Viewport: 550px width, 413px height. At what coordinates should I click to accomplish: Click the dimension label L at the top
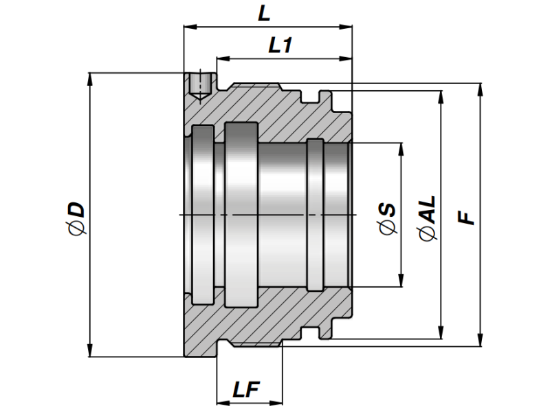264,14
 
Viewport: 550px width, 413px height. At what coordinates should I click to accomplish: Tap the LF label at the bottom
245,390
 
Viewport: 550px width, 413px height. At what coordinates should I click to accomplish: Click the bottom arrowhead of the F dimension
480,340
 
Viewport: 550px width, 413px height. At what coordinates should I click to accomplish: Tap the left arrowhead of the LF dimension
221,402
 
